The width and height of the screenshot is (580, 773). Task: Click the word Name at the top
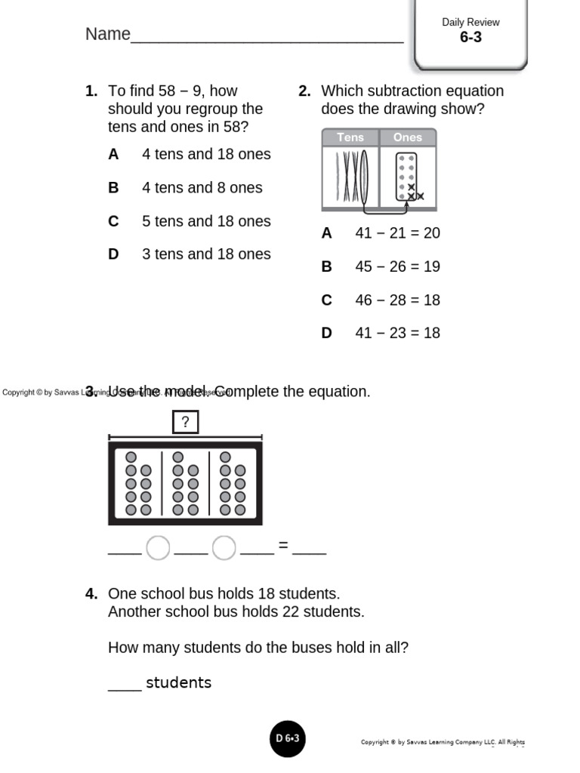click(108, 35)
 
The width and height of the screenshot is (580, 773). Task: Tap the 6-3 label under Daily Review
click(470, 37)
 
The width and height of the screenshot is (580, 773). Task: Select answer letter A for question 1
click(113, 155)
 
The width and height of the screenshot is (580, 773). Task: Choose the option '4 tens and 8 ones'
click(202, 188)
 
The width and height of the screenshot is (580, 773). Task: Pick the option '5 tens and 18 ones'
click(205, 221)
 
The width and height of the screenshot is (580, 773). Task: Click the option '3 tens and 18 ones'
click(205, 254)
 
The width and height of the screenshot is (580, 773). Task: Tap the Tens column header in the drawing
click(350, 137)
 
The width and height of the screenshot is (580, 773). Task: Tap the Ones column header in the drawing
click(408, 137)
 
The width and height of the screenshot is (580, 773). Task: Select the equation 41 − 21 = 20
click(397, 233)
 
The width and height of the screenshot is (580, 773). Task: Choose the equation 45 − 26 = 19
click(397, 266)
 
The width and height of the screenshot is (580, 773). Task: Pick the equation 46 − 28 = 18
click(397, 300)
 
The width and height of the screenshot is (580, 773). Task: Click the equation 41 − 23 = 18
click(397, 333)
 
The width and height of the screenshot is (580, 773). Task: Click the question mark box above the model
click(185, 422)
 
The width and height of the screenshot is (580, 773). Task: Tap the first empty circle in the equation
click(158, 548)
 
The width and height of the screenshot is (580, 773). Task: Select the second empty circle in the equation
click(224, 548)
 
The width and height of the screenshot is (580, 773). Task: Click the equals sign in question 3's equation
click(283, 545)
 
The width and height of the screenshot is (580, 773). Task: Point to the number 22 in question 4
click(291, 611)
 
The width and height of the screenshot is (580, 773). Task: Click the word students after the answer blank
click(178, 683)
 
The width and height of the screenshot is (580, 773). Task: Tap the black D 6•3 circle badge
click(288, 739)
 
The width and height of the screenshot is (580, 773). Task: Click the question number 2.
click(304, 91)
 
